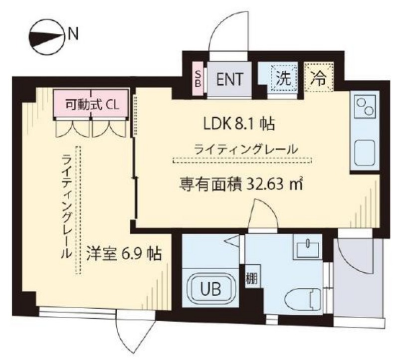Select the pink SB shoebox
(198, 79)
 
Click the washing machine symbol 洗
(284, 79)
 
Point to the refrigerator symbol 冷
(319, 78)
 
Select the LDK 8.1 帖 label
(239, 125)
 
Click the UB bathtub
(210, 289)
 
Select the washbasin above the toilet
(307, 246)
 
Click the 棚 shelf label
(252, 278)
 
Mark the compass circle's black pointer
(46, 37)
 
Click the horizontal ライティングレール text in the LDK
(245, 149)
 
